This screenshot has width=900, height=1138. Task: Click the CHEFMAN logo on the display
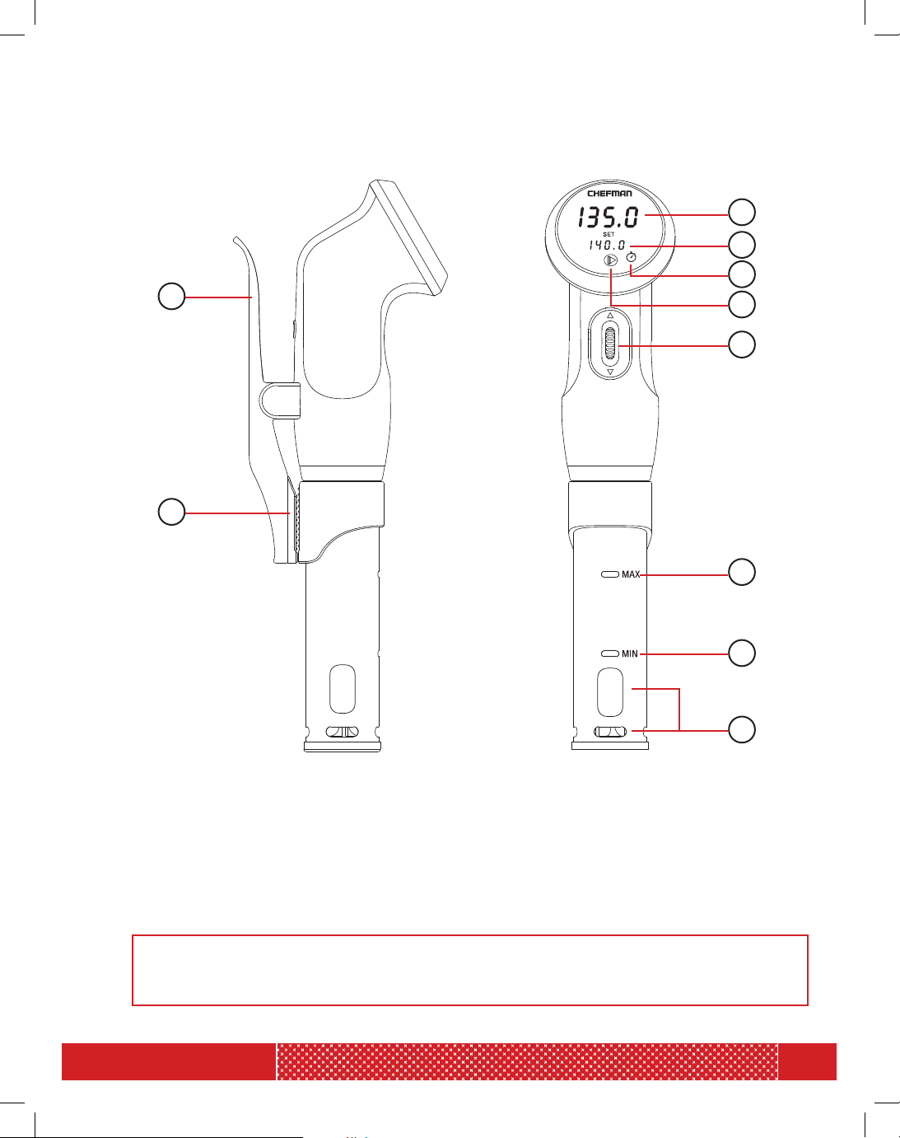click(609, 194)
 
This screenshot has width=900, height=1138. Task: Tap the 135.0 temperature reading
click(609, 218)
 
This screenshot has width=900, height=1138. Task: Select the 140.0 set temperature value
click(607, 245)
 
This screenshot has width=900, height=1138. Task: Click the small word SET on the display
click(609, 234)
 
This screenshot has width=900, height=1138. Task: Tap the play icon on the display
click(611, 260)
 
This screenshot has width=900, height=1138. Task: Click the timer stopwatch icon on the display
click(631, 257)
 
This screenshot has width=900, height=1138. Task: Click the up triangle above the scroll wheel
click(610, 315)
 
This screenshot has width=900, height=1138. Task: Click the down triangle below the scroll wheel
click(610, 372)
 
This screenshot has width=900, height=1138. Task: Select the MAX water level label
click(631, 574)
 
